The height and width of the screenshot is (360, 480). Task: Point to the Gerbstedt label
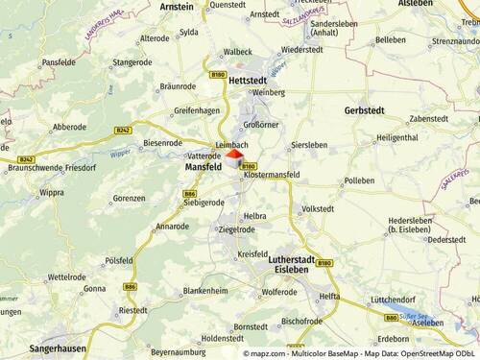click(x=364, y=110)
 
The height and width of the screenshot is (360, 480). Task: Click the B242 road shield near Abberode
click(x=123, y=130)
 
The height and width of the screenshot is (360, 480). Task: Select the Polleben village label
click(x=359, y=180)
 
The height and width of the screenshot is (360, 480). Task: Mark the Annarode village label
click(x=172, y=227)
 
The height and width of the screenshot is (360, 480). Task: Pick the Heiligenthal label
click(x=396, y=138)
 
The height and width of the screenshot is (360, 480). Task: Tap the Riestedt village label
click(x=132, y=310)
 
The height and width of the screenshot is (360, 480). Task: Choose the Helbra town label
click(x=255, y=216)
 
